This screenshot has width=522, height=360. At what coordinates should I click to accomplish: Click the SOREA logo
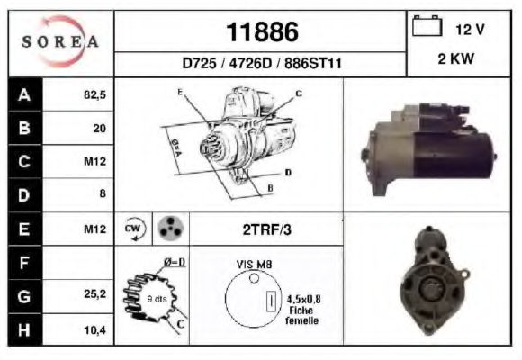[x=60, y=41]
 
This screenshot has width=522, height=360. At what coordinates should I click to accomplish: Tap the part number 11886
[x=262, y=32]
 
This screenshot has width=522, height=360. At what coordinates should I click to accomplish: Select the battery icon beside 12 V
[x=427, y=25]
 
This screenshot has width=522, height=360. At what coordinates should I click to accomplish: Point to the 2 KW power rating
[x=455, y=58]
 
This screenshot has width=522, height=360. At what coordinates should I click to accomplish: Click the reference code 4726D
[x=250, y=63]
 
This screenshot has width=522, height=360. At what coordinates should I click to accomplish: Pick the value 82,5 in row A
[x=94, y=94]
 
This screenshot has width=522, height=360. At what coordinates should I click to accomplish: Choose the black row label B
[x=25, y=128]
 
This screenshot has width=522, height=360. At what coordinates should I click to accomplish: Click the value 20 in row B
[x=100, y=128]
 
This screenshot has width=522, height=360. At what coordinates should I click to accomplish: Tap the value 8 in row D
[x=103, y=193]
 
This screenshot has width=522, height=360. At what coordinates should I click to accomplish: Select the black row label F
[x=25, y=263]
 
